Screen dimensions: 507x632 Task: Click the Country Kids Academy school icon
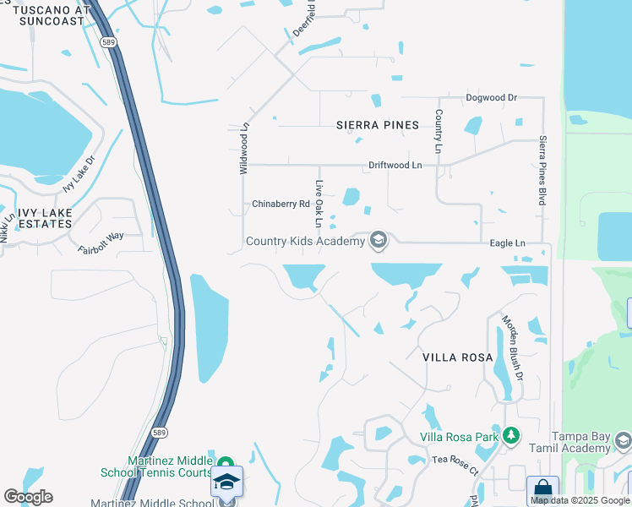point(379,242)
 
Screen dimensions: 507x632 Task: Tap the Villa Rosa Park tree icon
point(510,436)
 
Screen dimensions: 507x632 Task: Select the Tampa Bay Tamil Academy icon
point(623,440)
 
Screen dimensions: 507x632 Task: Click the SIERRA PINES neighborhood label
point(378,125)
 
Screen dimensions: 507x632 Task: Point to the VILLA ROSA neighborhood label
point(458,357)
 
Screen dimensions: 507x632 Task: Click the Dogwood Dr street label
point(491,98)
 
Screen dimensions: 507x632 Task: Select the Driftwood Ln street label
point(395,166)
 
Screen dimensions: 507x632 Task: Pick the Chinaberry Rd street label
point(281,204)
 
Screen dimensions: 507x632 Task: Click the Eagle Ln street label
point(508,243)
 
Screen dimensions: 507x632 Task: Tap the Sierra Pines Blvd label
point(542,170)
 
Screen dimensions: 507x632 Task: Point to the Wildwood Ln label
point(244,149)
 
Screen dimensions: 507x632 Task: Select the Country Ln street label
point(439,132)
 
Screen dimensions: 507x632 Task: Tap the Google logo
point(28,496)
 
